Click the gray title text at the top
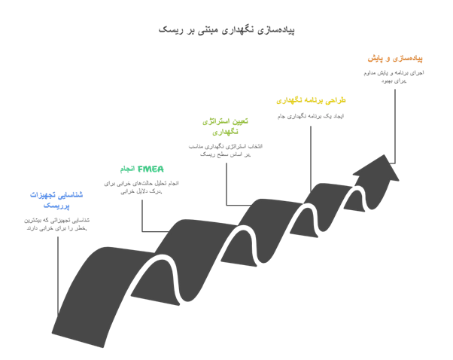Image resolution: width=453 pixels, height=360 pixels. (226, 30)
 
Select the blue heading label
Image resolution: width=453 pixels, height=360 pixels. (57, 200)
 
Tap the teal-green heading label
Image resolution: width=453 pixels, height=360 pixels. (143, 169)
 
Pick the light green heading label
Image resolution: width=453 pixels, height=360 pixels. (226, 125)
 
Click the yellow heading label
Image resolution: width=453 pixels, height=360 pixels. (311, 100)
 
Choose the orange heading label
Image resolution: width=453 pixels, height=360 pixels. (396, 58)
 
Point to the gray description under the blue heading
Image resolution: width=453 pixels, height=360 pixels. (57, 224)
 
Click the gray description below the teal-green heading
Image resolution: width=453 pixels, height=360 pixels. (142, 187)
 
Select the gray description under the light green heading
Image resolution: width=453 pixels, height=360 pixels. (226, 149)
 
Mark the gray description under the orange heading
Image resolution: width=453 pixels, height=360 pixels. (395, 73)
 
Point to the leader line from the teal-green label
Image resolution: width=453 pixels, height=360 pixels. (141, 215)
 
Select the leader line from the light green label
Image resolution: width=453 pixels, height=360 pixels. (226, 185)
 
